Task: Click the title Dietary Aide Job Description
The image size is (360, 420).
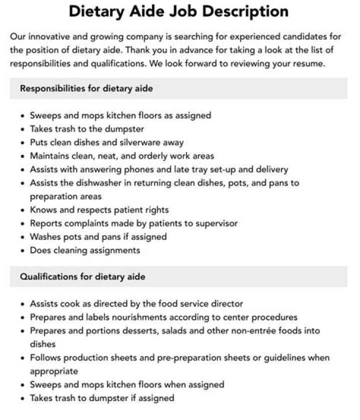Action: pos(178,11)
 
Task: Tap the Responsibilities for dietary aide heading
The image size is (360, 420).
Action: pos(86,88)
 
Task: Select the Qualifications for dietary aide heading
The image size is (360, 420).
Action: pos(82,276)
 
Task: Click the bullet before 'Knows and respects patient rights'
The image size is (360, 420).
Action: pos(23,210)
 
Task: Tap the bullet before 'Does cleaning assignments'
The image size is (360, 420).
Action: pos(23,250)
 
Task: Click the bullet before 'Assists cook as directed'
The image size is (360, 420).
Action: pos(23,304)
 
